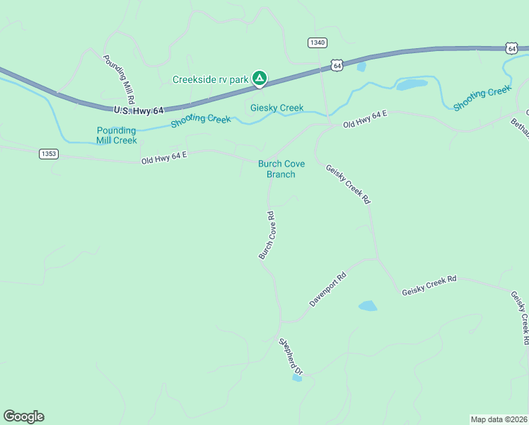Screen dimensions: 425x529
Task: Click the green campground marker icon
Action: click(260, 78)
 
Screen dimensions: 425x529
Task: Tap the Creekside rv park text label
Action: click(211, 79)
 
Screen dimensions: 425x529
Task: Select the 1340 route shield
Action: click(318, 43)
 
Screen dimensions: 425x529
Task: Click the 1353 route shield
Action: click(49, 154)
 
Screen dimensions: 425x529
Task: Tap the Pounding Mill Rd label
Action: click(119, 79)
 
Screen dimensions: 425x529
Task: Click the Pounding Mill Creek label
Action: click(117, 135)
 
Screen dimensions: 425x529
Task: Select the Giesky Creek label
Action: click(277, 108)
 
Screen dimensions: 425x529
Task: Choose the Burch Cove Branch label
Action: click(281, 169)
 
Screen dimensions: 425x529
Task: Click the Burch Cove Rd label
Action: click(267, 235)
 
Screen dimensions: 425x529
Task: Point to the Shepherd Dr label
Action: click(291, 356)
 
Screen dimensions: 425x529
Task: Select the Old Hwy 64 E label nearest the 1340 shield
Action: click(366, 120)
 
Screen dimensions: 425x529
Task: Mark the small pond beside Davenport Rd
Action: click(368, 306)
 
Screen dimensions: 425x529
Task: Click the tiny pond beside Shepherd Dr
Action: click(297, 378)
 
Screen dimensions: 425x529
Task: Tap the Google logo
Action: click(23, 416)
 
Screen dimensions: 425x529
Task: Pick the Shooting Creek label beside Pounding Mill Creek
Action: click(201, 120)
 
